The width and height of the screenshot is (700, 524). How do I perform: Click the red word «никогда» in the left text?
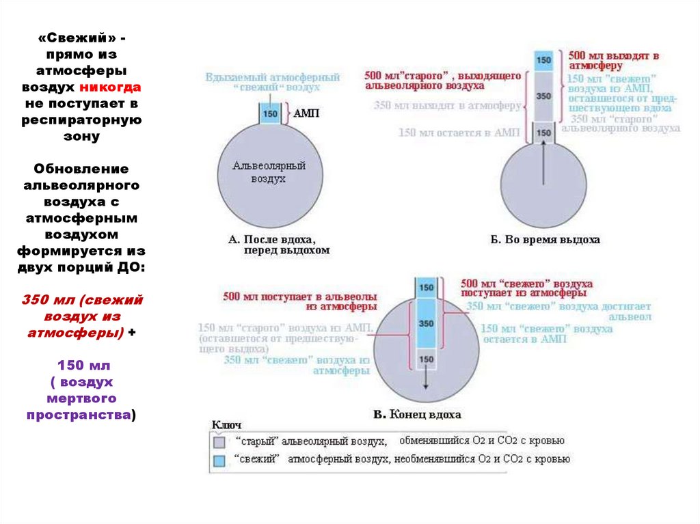click(110, 87)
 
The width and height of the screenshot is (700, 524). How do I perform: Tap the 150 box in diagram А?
click(269, 113)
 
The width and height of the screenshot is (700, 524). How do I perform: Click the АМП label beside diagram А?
click(308, 113)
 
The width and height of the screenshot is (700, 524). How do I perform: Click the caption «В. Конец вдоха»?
click(416, 415)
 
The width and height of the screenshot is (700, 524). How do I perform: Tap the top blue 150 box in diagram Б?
click(543, 60)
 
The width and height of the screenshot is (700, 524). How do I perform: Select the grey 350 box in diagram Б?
click(543, 96)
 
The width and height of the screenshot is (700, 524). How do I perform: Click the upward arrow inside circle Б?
click(543, 164)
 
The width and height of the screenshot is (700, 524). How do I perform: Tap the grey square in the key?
click(219, 441)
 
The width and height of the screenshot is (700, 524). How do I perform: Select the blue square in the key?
click(219, 460)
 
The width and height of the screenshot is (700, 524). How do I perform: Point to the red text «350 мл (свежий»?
click(82, 300)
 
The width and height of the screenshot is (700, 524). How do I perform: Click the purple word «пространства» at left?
click(79, 415)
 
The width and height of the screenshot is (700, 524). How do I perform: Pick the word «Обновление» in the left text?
click(81, 168)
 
